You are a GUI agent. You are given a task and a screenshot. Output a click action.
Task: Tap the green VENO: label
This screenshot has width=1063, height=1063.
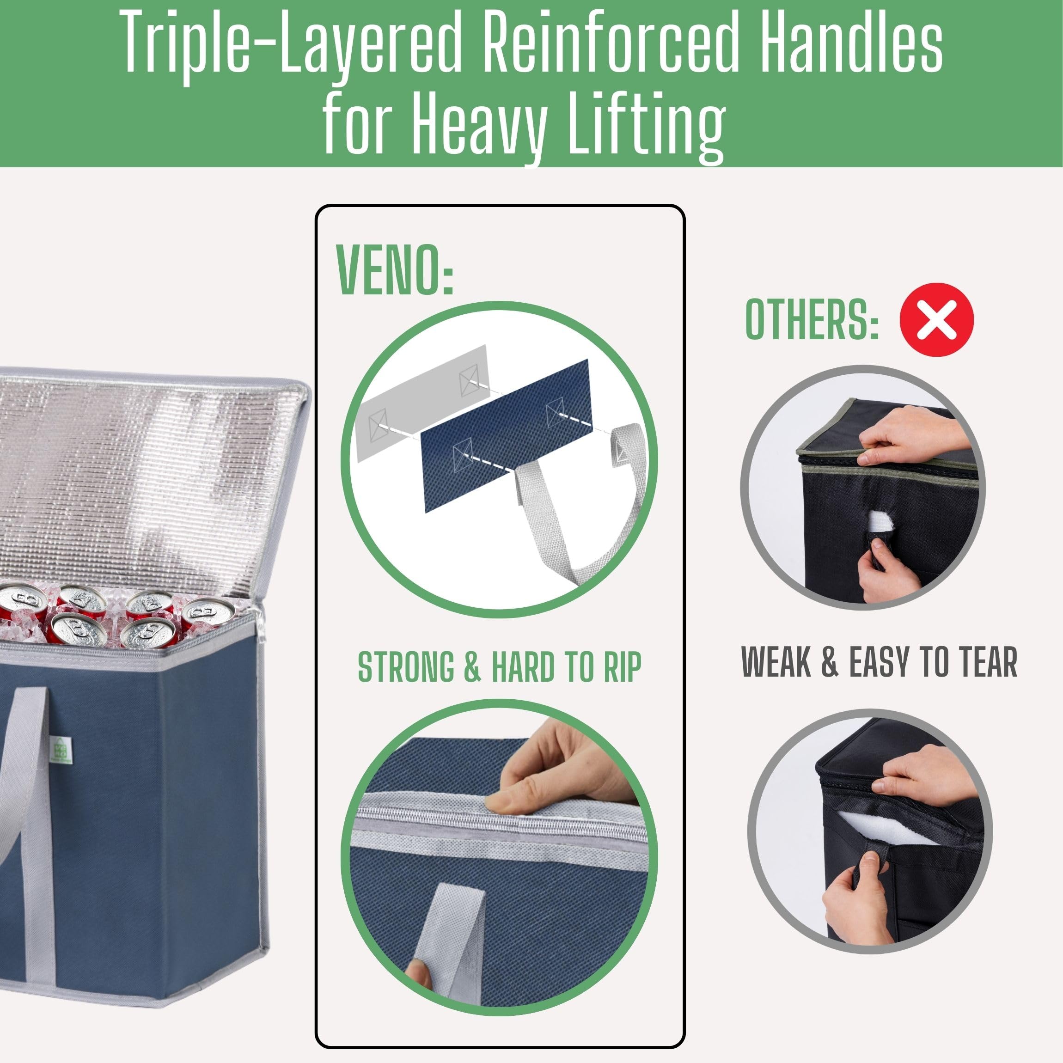(x=394, y=270)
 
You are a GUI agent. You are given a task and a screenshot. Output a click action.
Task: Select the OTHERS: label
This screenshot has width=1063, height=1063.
(x=812, y=321)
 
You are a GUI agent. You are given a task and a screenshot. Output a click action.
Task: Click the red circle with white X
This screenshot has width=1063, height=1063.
(x=936, y=320)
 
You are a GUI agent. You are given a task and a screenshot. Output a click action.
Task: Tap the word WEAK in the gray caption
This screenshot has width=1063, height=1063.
(x=776, y=661)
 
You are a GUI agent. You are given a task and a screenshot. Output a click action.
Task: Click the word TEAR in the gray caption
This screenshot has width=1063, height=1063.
(x=988, y=661)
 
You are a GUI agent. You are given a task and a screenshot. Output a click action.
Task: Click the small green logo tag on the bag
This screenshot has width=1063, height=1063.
(x=58, y=750)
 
